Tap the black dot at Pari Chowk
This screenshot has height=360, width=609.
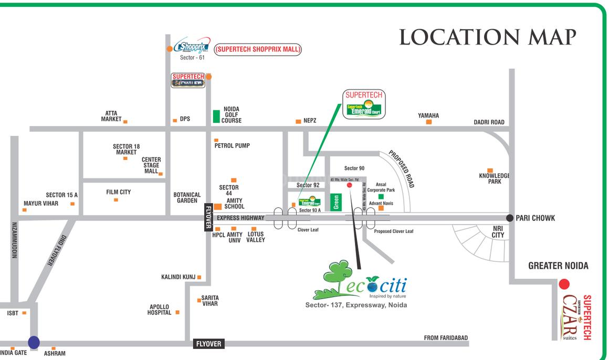[509, 218]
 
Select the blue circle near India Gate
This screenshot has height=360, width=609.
[34, 342]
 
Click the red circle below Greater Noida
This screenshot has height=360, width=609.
[564, 284]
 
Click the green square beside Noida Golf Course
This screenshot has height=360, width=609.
[216, 117]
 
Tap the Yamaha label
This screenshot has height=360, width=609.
[428, 115]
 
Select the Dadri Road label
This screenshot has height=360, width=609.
[489, 122]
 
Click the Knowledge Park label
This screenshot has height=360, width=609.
[494, 178]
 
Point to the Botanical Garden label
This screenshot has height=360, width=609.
[187, 198]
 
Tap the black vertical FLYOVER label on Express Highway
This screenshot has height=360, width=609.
[208, 217]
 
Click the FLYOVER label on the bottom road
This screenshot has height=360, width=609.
[209, 344]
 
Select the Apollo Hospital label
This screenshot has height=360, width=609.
[160, 310]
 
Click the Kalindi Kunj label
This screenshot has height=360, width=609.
[178, 277]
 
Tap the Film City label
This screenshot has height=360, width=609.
[118, 192]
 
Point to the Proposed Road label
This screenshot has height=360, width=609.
[402, 169]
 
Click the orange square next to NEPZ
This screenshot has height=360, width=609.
[298, 121]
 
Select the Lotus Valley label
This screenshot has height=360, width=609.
[256, 237]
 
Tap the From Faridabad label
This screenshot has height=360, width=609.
[446, 338]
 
